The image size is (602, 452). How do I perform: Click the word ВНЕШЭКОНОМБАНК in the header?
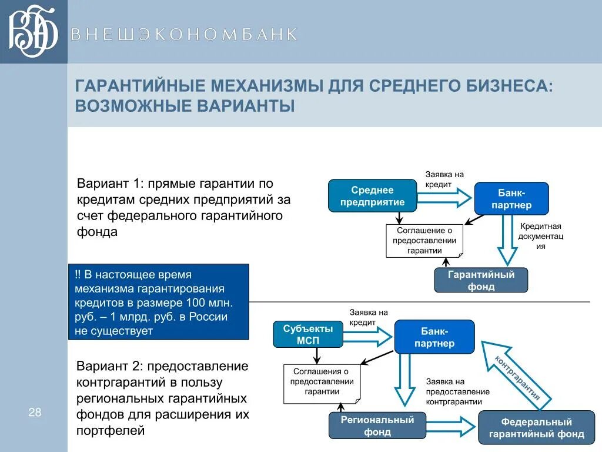(184, 34)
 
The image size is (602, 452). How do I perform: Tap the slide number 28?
(35, 412)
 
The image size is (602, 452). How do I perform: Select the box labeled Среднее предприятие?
(372, 196)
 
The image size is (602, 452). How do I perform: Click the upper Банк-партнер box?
(511, 198)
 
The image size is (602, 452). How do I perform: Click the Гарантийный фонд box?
(481, 280)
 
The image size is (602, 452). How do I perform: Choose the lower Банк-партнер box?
(434, 337)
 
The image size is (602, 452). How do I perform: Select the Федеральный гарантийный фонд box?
(536, 428)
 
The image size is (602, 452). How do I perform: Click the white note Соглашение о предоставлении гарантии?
(424, 241)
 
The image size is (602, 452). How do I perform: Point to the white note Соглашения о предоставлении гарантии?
(322, 384)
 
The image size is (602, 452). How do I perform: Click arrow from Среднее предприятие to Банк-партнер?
(444, 196)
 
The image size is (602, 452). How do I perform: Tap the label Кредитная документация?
(540, 236)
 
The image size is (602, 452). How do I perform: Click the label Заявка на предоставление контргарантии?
(457, 391)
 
